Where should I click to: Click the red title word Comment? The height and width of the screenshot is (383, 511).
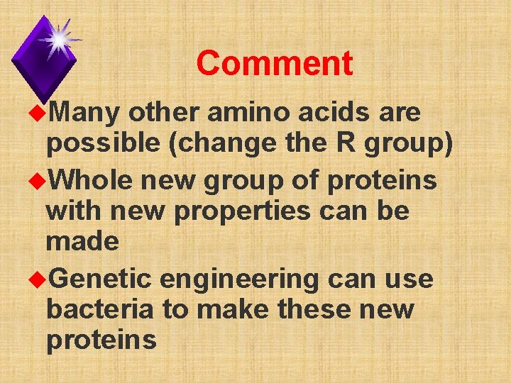click(x=274, y=64)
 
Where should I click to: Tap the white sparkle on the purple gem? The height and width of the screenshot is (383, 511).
click(x=57, y=39)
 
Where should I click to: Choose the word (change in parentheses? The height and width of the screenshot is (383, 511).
click(x=229, y=144)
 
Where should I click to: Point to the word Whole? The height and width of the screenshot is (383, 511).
click(x=92, y=181)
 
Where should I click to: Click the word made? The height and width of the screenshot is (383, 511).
click(x=82, y=241)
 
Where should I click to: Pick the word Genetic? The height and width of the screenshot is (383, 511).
click(x=101, y=279)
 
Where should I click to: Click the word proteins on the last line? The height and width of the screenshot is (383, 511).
click(x=101, y=340)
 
